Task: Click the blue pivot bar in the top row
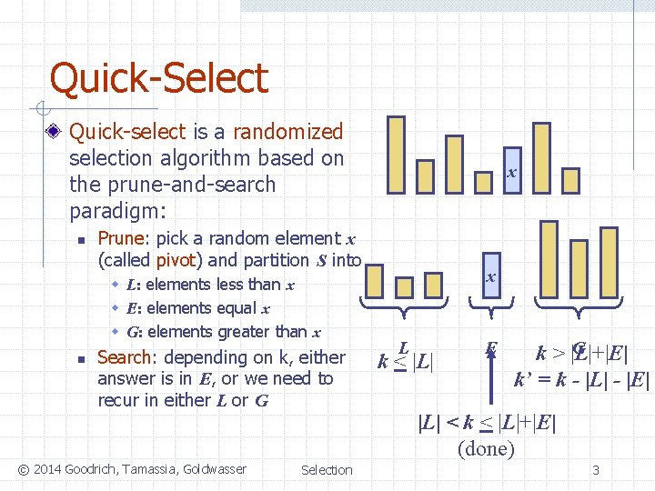[x=512, y=171]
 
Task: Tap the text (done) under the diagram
[x=487, y=447]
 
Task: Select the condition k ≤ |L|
[x=406, y=360]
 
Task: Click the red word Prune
[x=120, y=238]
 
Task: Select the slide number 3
[x=595, y=470]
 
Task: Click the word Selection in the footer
[x=327, y=469]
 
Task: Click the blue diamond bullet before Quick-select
[x=56, y=133]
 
